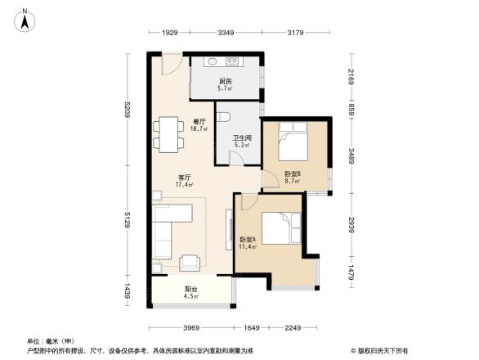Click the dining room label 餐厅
pos(198,121)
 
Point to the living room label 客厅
pos(185,178)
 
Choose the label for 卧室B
pos(293,173)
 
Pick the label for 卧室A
pos(247,240)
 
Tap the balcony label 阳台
pos(190,289)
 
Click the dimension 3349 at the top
pos(226,33)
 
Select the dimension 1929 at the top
pos(169,33)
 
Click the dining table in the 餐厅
pos(169,134)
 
